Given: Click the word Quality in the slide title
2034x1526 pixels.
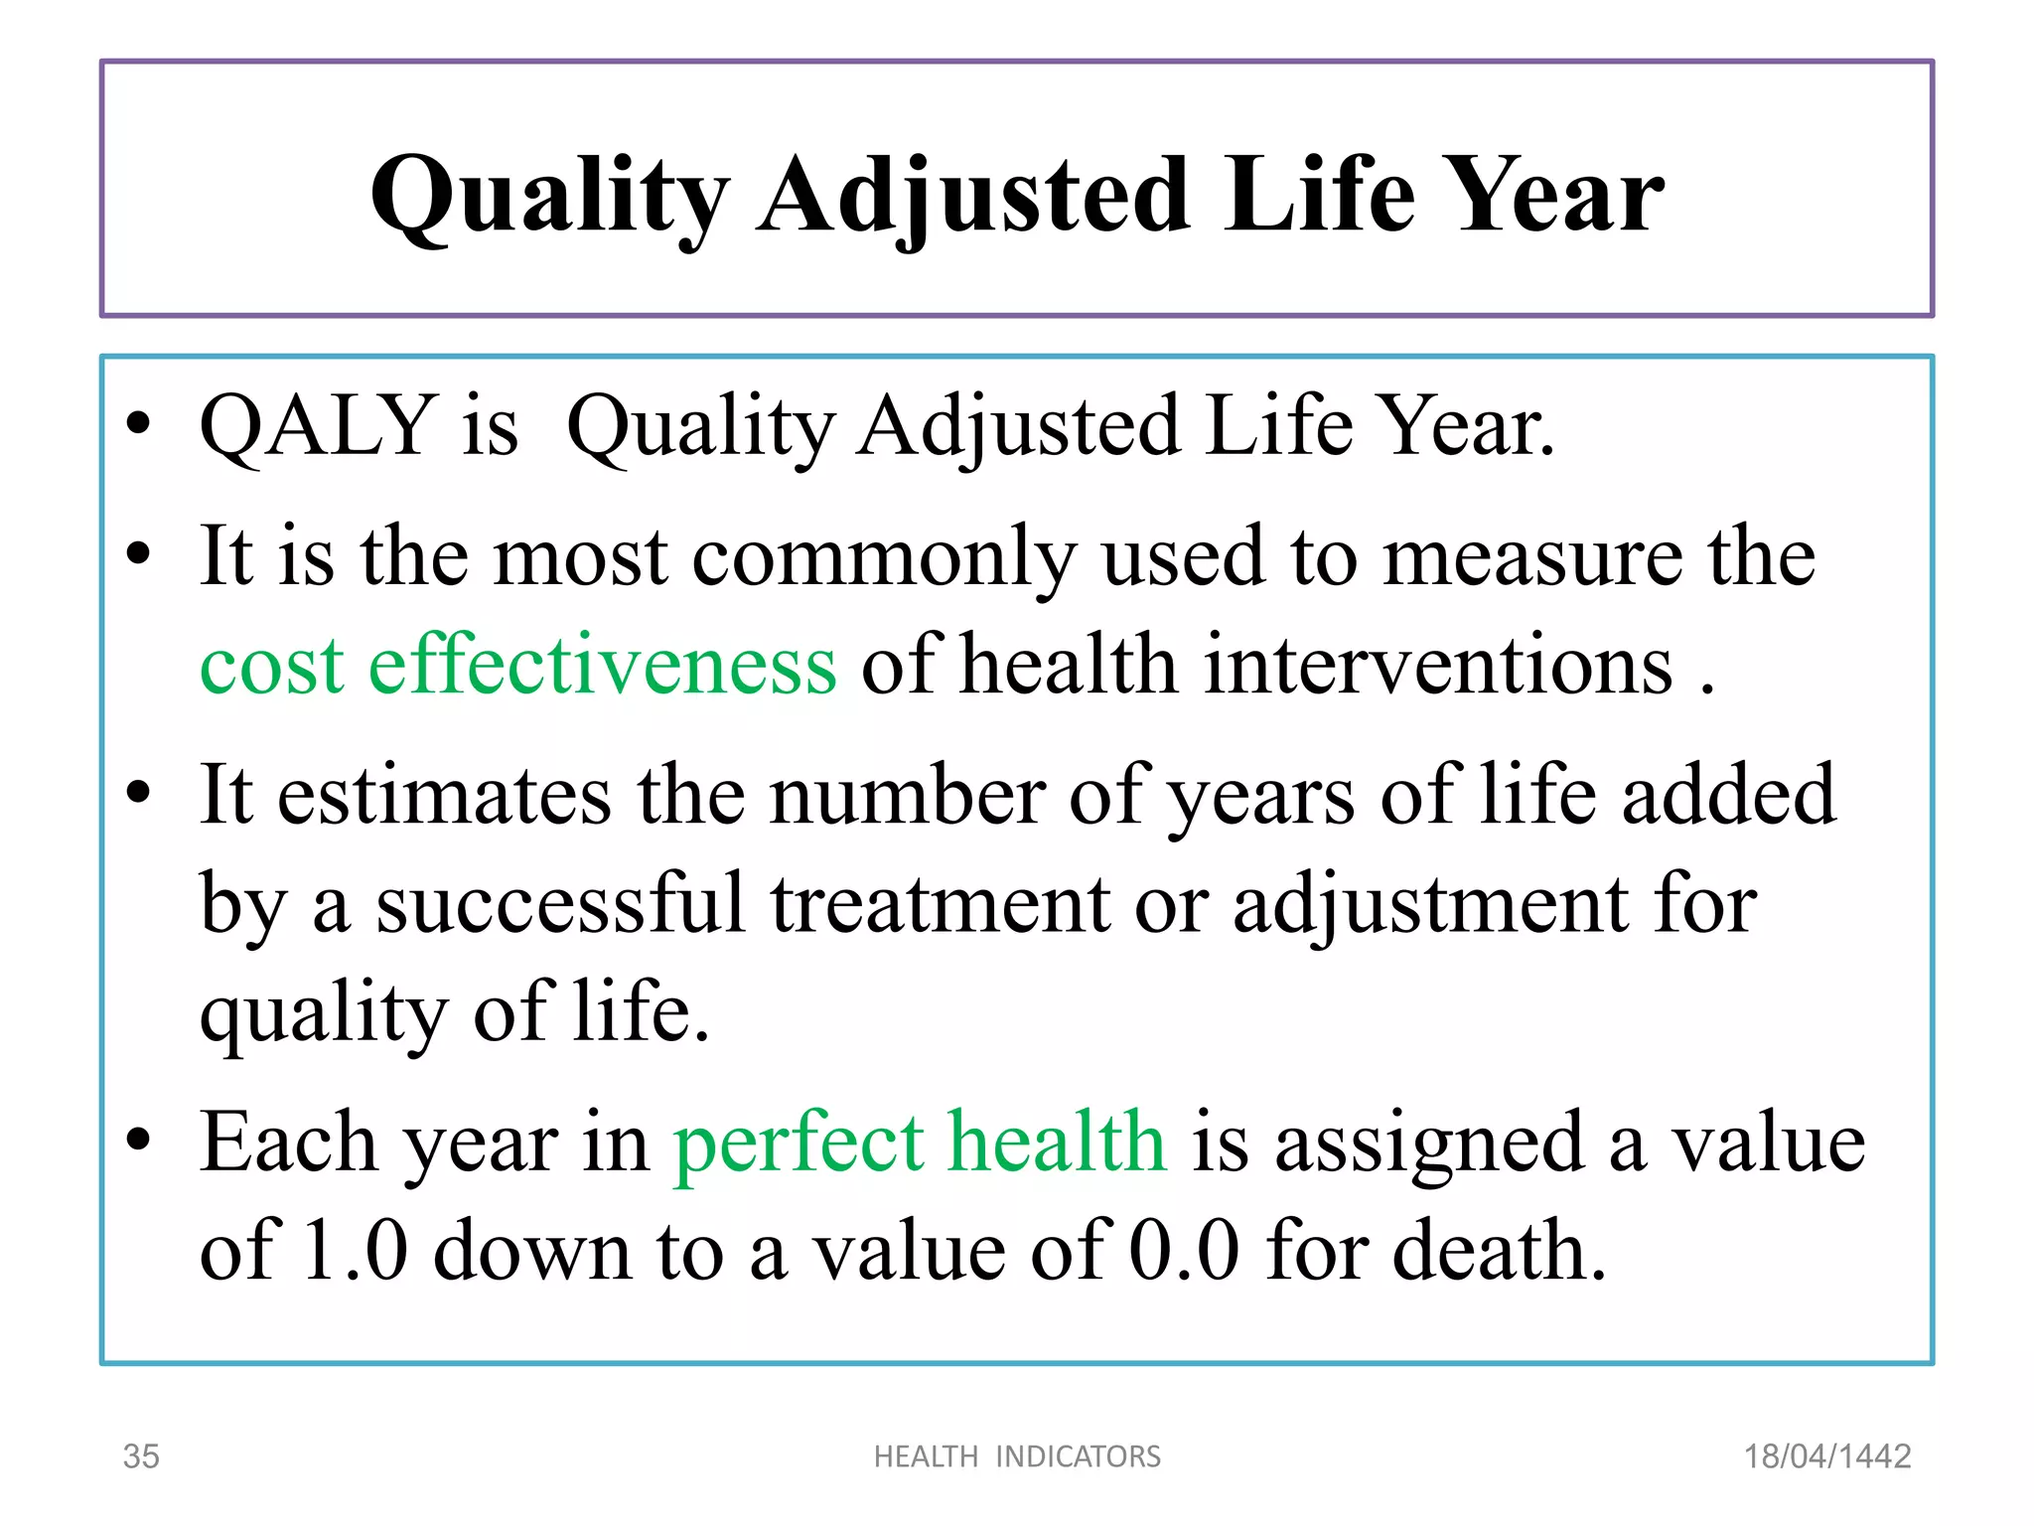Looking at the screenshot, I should click(x=549, y=196).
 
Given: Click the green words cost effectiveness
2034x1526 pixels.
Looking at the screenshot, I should click(x=517, y=665).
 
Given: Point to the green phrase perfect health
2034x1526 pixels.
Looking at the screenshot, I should click(x=919, y=1143).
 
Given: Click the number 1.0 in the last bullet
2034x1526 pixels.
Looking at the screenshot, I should click(x=355, y=1251).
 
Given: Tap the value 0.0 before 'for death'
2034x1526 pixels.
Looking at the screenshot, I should click(x=1185, y=1251).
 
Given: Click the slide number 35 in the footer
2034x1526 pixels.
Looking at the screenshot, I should click(x=140, y=1456).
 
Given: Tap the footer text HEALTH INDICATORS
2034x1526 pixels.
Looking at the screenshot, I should click(x=1017, y=1456).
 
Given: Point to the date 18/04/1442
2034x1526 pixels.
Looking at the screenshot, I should click(x=1826, y=1456).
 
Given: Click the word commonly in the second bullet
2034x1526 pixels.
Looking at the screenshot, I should click(x=884, y=557).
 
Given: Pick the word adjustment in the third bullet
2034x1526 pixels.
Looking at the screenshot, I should click(x=1430, y=904).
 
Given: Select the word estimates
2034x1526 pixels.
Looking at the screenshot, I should click(x=444, y=796).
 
